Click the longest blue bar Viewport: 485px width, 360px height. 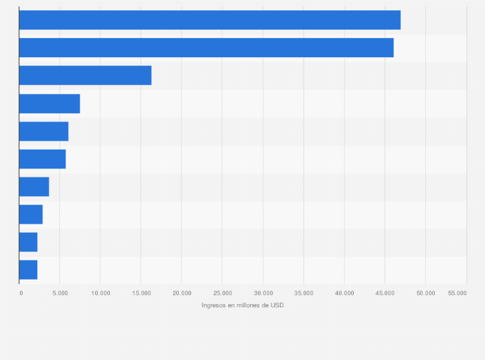pos(210,20)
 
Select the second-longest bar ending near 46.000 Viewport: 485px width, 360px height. pos(206,48)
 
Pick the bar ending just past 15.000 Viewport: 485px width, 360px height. pos(85,75)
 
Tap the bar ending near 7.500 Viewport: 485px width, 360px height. pos(50,104)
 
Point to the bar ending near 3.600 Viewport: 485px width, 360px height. pos(34,186)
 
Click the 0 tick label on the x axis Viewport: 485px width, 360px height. pos(21,293)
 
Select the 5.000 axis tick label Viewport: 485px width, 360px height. pos(60,293)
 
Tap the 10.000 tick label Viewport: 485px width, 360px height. pos(100,293)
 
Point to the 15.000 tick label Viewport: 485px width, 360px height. pos(141,293)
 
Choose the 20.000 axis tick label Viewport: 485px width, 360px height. pos(181,293)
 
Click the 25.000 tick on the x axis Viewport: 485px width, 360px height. pos(222,293)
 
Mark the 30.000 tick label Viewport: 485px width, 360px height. pos(263,293)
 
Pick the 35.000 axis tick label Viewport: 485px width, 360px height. pos(304,293)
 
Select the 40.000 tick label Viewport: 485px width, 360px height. pos(344,293)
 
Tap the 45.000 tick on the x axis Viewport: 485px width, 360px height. pos(385,293)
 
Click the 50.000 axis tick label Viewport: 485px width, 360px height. pos(425,293)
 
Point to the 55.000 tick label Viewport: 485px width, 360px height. pos(457,293)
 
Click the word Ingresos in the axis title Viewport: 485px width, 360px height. pos(214,305)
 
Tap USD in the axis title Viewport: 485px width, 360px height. pos(277,305)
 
